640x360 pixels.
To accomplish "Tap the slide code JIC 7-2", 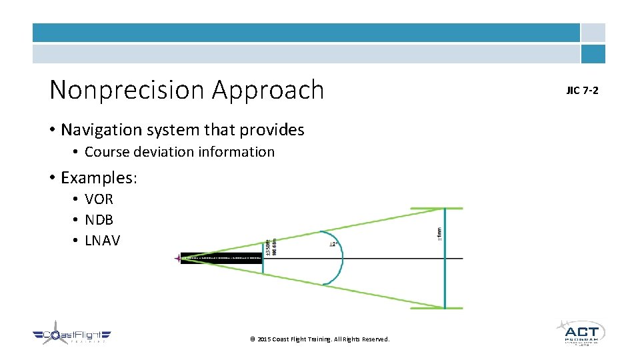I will tap(582, 90).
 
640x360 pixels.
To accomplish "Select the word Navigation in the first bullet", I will tap(101, 129).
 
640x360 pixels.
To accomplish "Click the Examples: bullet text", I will tap(98, 177).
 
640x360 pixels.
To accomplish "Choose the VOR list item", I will tap(99, 199).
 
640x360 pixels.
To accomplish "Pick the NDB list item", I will tap(99, 219).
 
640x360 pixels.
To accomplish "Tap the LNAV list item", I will tap(102, 240).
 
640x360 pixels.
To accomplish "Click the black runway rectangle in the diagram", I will tap(221, 258).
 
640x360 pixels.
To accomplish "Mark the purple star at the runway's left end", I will tap(178, 258).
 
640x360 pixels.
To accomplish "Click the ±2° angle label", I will tap(333, 245).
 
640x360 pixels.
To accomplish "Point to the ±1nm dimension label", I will tap(438, 234).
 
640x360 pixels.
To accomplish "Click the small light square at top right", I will tap(593, 33).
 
